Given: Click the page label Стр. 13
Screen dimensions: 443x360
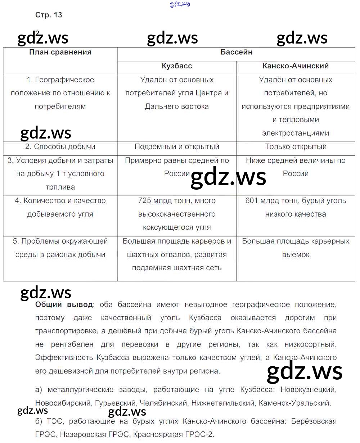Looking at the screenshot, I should (49, 15).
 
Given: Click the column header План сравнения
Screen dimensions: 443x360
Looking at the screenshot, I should (60, 52).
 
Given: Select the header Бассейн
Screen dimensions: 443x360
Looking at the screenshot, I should (236, 52).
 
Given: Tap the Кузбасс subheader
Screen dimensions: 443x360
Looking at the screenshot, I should (177, 66).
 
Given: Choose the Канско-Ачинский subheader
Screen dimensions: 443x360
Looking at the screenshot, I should (296, 66).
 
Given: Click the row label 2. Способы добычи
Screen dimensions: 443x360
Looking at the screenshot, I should (60, 147).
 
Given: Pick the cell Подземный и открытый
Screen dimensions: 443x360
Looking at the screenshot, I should (177, 147).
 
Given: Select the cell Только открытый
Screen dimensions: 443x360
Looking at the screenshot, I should (296, 147).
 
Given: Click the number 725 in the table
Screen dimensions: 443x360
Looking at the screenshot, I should (144, 201).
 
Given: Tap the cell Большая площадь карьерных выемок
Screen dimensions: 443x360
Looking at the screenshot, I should (296, 248).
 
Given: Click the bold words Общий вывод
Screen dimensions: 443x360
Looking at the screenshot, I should (64, 305).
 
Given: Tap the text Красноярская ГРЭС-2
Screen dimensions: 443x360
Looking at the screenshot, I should (174, 434).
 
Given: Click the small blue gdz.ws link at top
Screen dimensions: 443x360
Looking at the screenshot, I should (179, 4).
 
